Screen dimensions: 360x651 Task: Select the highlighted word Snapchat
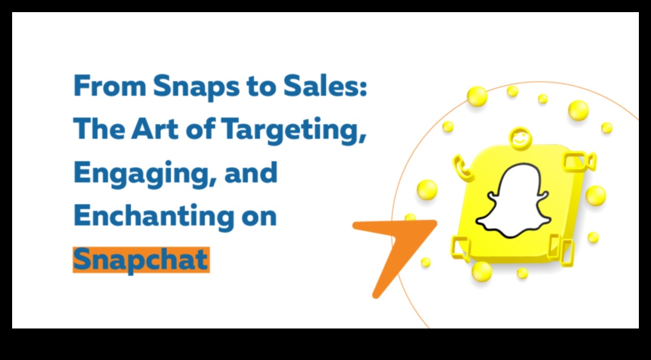141,260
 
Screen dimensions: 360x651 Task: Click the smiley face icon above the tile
518,137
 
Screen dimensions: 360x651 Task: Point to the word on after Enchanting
257,217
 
